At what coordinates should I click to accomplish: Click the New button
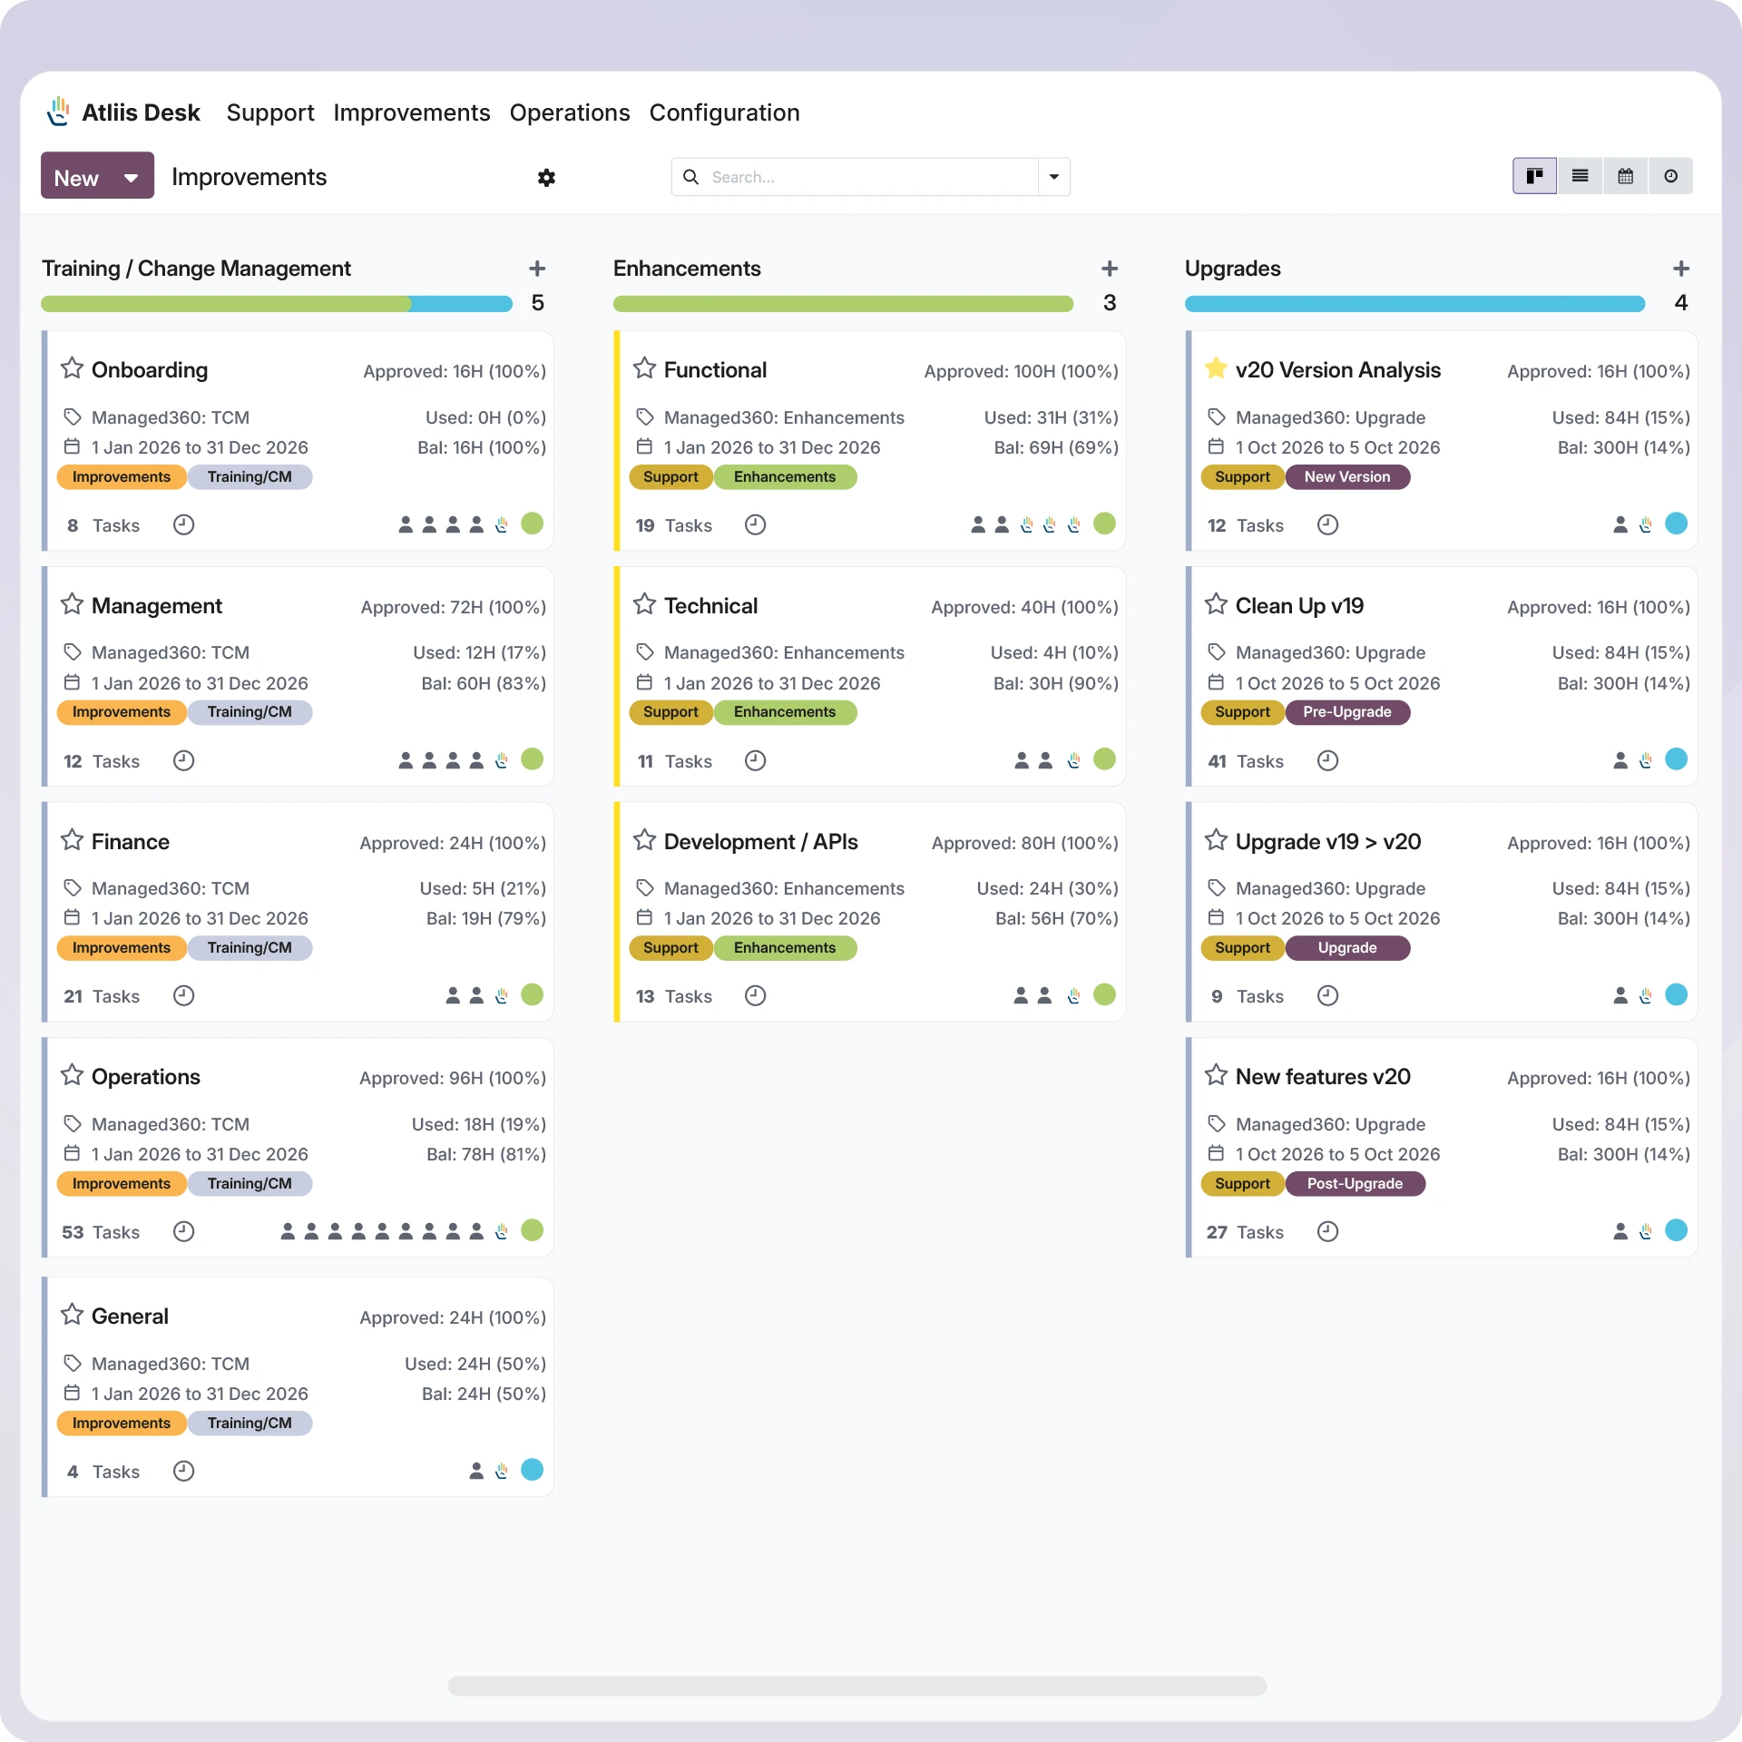click(76, 177)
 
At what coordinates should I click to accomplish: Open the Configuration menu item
click(724, 113)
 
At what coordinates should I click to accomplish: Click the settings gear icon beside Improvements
click(546, 178)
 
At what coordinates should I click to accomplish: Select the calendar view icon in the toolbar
click(1625, 176)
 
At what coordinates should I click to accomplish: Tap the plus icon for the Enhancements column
click(1109, 269)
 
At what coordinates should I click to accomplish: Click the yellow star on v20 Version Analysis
click(1216, 368)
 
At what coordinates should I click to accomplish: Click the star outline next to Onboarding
click(72, 368)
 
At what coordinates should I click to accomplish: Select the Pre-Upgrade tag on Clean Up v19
click(1346, 712)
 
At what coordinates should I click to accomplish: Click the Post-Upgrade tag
click(1354, 1184)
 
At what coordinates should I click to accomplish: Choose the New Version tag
click(1346, 477)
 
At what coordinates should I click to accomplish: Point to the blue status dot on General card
click(533, 1470)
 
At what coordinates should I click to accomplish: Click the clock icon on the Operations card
click(183, 1231)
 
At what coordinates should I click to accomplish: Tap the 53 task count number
click(73, 1232)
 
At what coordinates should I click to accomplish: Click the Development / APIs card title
click(760, 842)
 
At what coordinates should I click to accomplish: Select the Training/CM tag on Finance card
click(250, 948)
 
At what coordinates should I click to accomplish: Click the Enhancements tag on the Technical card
click(784, 712)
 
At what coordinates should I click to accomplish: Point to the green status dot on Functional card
click(1104, 524)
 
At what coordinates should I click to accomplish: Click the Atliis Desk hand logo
click(59, 112)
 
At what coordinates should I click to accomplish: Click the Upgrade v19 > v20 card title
click(1327, 842)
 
